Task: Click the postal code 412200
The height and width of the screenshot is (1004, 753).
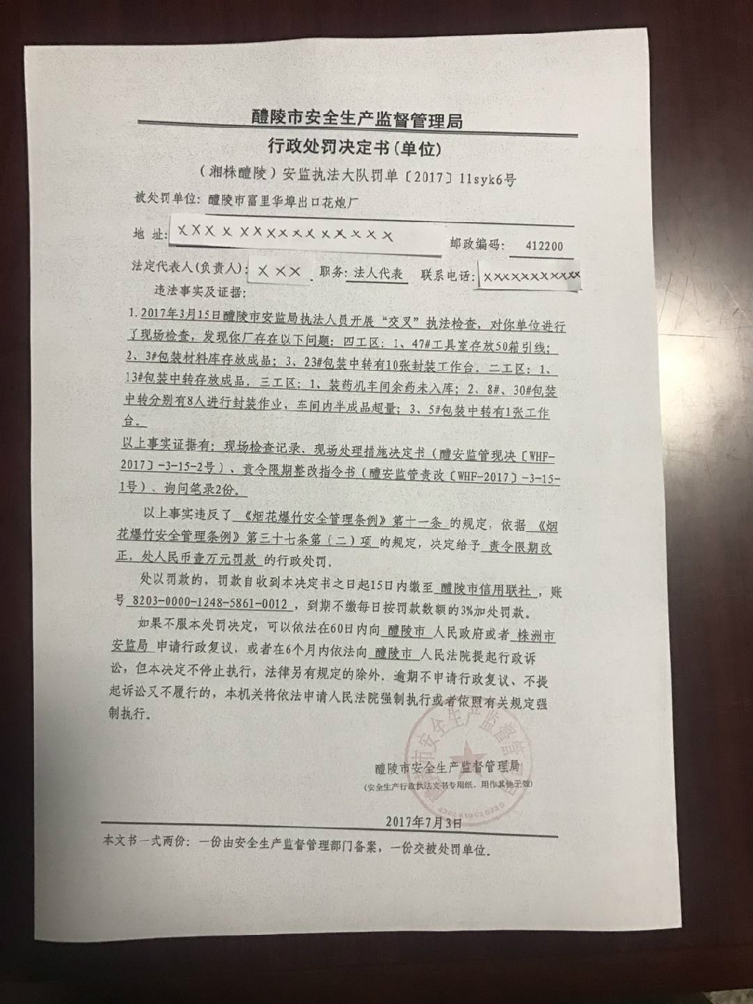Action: pos(544,245)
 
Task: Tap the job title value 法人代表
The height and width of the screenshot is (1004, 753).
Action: pos(378,273)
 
